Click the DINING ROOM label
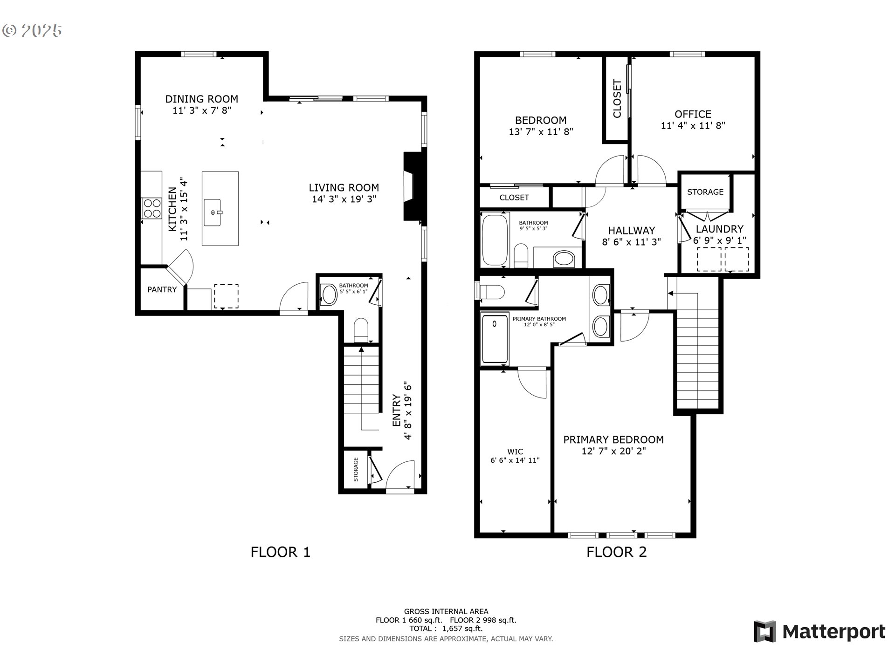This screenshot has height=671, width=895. click(201, 99)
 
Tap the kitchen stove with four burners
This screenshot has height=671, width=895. click(151, 208)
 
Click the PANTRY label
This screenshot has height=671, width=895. click(162, 289)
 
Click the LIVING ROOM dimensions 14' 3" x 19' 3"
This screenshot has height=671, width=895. click(344, 199)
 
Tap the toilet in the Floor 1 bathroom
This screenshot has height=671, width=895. click(361, 330)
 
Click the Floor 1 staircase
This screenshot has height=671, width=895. click(361, 387)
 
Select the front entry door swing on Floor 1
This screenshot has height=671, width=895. click(400, 474)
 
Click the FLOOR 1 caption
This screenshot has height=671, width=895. click(280, 552)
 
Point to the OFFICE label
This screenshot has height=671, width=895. click(693, 114)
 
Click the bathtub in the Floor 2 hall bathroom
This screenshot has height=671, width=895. click(495, 240)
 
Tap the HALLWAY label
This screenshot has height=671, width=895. click(631, 230)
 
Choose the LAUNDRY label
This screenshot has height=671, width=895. click(719, 229)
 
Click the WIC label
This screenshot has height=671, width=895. click(515, 452)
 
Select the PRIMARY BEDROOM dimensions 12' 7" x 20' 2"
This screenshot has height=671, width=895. click(613, 451)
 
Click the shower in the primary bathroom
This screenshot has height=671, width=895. click(495, 339)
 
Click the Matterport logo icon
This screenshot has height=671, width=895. click(765, 632)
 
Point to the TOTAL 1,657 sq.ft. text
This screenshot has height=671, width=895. click(446, 629)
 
